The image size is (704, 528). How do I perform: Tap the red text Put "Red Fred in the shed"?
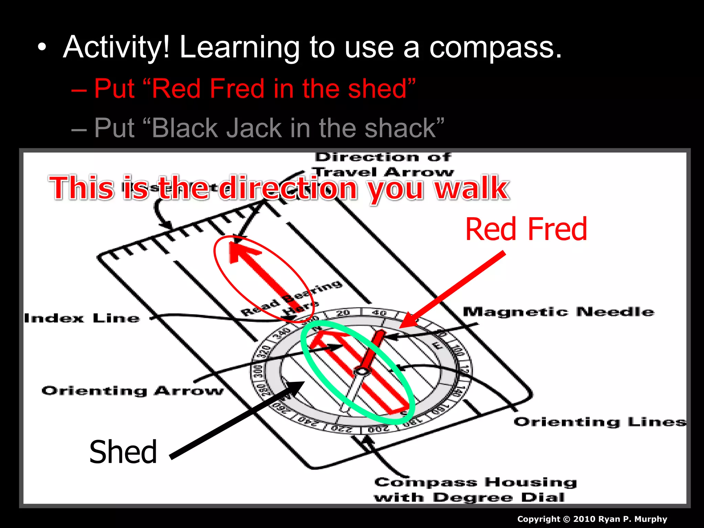[x=254, y=89]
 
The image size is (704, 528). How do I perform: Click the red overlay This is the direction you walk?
[x=278, y=188]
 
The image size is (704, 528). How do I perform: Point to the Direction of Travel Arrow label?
[x=383, y=164]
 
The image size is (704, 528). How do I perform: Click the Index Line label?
[x=82, y=318]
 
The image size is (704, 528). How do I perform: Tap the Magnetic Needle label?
[x=558, y=312]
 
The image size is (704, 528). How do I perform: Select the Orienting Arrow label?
[x=133, y=391]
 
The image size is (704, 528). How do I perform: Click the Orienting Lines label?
[x=599, y=422]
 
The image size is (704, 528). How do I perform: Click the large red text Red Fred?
[x=526, y=229]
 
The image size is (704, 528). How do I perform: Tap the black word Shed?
[x=123, y=452]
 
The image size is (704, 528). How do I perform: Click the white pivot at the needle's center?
[x=362, y=371]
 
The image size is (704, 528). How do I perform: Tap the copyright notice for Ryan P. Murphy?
[x=592, y=519]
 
